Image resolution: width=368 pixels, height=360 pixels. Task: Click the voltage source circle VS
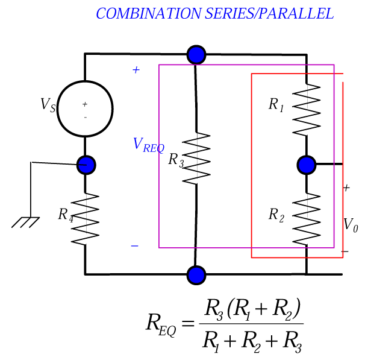point(85,109)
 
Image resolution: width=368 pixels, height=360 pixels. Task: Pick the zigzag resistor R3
point(196,159)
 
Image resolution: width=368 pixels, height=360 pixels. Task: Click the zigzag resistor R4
point(85,218)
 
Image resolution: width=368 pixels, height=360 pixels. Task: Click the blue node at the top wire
point(196,55)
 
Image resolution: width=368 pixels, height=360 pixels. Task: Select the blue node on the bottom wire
point(196,275)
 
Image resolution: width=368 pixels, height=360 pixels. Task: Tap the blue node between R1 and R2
point(307,164)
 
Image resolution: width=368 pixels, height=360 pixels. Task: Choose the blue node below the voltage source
point(86,164)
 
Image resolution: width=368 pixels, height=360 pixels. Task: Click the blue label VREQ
point(148,145)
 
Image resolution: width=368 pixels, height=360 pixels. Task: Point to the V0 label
point(351,225)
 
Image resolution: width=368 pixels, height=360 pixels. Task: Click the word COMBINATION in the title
point(143,14)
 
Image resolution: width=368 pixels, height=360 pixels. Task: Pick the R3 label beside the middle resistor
point(175,160)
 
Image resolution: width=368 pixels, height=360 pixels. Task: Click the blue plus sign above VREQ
point(136,70)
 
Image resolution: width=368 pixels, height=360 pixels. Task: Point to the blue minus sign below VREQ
point(134,245)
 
